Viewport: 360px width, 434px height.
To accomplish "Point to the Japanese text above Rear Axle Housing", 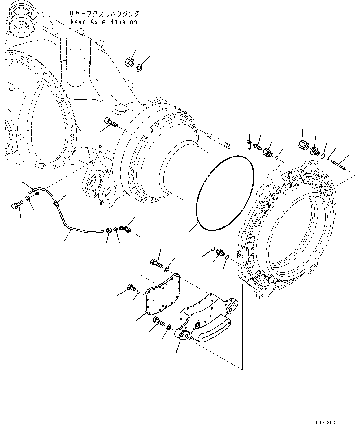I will point(104,14).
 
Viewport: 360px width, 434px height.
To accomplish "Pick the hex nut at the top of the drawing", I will point(129,62).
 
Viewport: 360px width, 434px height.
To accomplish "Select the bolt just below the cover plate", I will point(158,321).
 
